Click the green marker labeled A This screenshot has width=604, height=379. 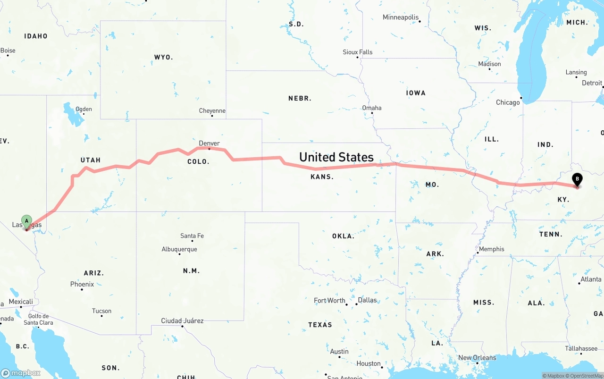tap(27, 221)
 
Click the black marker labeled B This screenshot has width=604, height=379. tap(577, 179)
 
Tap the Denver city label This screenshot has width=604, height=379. tap(209, 143)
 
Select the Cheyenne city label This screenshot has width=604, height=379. tap(212, 111)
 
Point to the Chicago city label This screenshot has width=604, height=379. tap(508, 102)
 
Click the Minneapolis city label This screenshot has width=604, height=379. tap(401, 17)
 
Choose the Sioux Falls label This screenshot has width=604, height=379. tap(357, 52)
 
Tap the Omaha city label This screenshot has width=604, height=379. tap(371, 108)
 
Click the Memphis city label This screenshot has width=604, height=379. tap(491, 249)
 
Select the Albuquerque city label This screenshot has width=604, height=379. tap(179, 249)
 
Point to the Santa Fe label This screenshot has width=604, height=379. tap(192, 236)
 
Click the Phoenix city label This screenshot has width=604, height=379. tap(82, 284)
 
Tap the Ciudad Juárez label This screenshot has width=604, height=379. tap(182, 320)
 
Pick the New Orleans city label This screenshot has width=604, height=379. tap(477, 358)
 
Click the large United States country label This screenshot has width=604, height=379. tap(336, 157)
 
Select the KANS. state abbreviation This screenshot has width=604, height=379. tap(322, 177)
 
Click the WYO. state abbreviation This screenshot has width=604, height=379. tap(163, 57)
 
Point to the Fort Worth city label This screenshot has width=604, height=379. tap(330, 300)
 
